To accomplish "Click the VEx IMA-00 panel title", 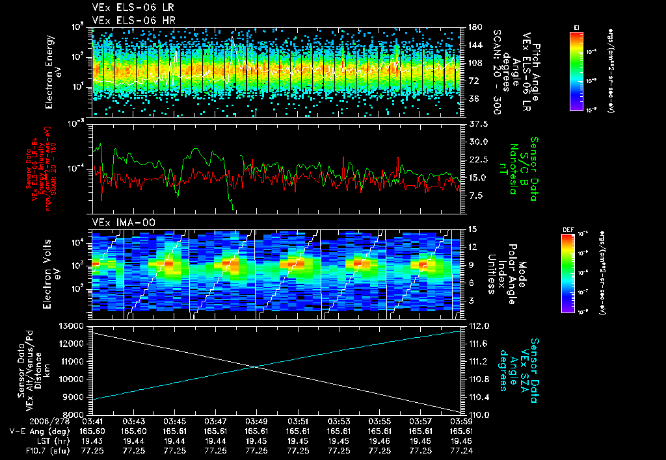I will (119, 222).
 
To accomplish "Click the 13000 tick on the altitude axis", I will (72, 326).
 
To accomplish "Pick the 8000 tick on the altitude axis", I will (75, 415).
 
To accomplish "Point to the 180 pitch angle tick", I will (473, 27).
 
